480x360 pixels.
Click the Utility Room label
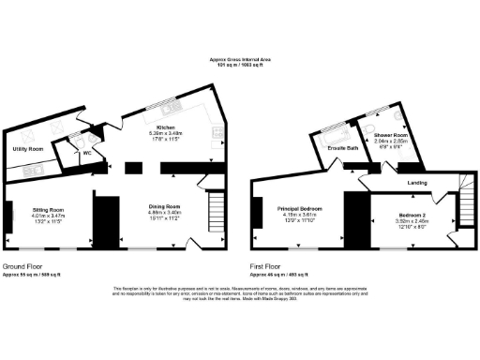pos(27,149)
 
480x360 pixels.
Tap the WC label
pos(86,153)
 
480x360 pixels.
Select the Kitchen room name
pos(167,127)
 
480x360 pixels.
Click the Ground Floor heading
pos(24,266)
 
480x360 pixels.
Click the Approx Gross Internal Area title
pos(239,60)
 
